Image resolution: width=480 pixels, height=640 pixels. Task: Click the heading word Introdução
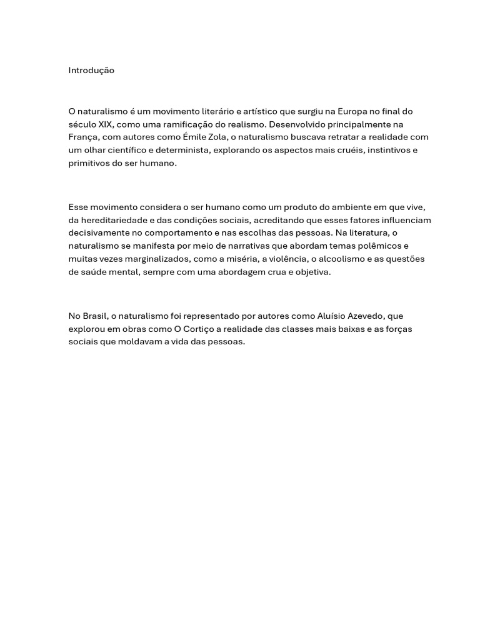[x=91, y=71]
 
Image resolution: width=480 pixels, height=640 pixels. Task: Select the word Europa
[x=352, y=111]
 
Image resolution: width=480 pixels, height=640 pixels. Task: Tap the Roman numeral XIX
[x=106, y=124]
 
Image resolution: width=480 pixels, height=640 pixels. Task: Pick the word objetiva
[x=311, y=272]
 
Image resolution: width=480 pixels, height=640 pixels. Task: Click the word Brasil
[x=95, y=316]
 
